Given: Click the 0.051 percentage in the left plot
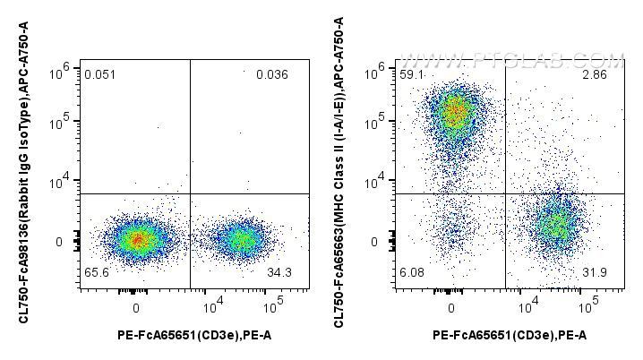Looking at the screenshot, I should point(99,74).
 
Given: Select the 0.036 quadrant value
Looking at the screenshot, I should point(271,74).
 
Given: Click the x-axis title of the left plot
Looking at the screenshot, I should point(194,336).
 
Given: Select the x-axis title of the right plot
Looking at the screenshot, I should point(510,336).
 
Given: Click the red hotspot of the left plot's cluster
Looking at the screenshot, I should point(136,240).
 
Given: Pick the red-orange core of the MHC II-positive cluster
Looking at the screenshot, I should point(454,113).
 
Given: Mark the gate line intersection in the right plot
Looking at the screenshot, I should point(506,193).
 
